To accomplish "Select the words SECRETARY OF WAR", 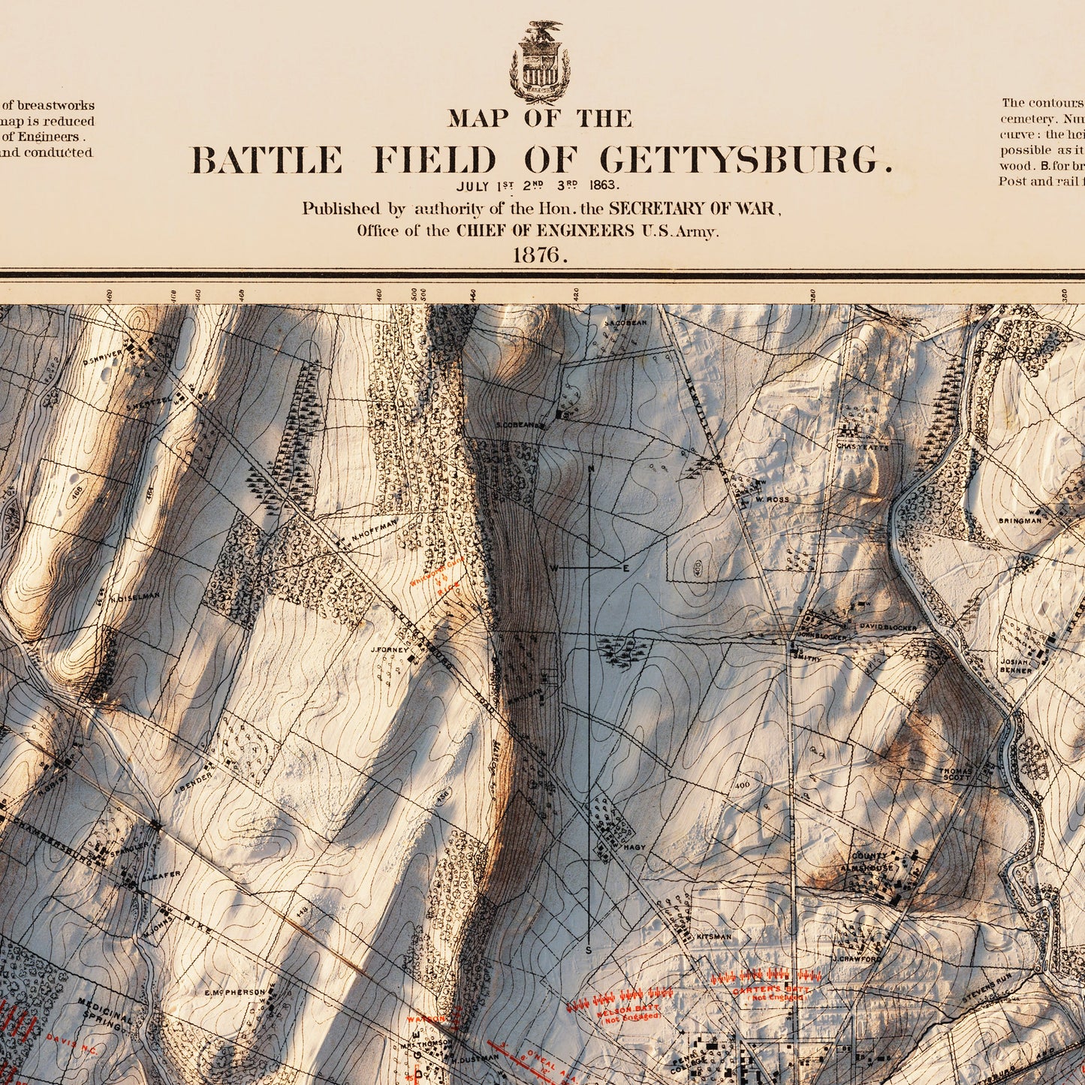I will (x=694, y=209).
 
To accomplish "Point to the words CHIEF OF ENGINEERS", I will (x=545, y=231).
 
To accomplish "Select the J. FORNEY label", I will (x=389, y=650).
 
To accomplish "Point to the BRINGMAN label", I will (x=1020, y=520).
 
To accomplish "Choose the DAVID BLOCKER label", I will (x=888, y=627).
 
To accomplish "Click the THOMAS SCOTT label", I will (x=956, y=774).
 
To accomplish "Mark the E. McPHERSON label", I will (x=235, y=993).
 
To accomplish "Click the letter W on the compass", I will (x=553, y=568).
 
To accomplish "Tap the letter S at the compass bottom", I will (x=588, y=950).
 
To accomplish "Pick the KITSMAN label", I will (x=713, y=937).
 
